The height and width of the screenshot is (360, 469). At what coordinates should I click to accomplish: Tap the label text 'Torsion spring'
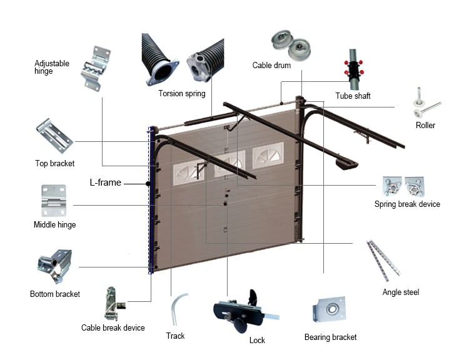pos(181,94)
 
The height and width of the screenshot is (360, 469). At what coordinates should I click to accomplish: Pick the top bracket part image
pos(55,136)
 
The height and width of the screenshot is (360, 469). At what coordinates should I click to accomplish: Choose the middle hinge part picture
pos(53,200)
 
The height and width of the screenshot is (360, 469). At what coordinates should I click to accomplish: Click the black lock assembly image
pos(241,311)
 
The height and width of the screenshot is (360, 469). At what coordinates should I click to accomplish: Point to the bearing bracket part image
pos(330,311)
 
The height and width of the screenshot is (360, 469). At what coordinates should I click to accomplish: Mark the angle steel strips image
pos(382,257)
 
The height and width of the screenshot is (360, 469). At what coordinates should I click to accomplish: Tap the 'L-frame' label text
pos(105,183)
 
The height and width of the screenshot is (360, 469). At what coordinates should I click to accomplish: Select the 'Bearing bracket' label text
pos(331,337)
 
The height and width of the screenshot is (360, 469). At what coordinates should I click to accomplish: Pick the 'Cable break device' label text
pos(113,328)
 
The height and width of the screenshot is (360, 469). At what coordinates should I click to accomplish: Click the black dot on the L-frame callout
pos(148,184)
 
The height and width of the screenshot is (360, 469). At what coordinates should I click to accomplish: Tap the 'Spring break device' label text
pos(407,204)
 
